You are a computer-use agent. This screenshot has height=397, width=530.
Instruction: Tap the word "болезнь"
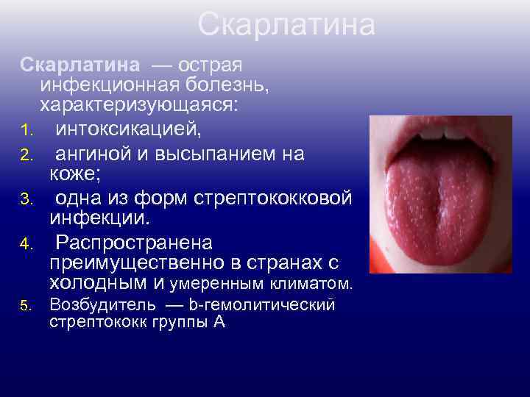pos(235,85)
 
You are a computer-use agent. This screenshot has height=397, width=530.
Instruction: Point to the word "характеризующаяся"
pos(139,106)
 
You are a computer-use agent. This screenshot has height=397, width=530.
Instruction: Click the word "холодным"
pos(102,282)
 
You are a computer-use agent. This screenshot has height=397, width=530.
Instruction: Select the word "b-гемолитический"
pos(261,304)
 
